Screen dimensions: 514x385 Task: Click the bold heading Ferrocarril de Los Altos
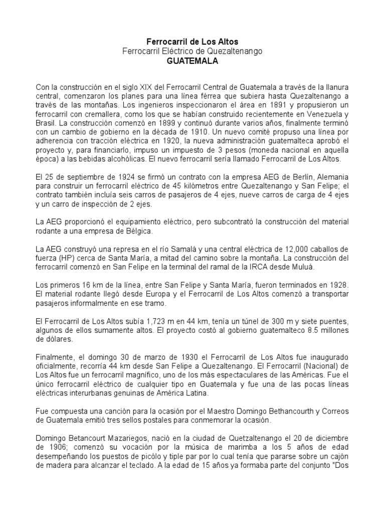192,41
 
